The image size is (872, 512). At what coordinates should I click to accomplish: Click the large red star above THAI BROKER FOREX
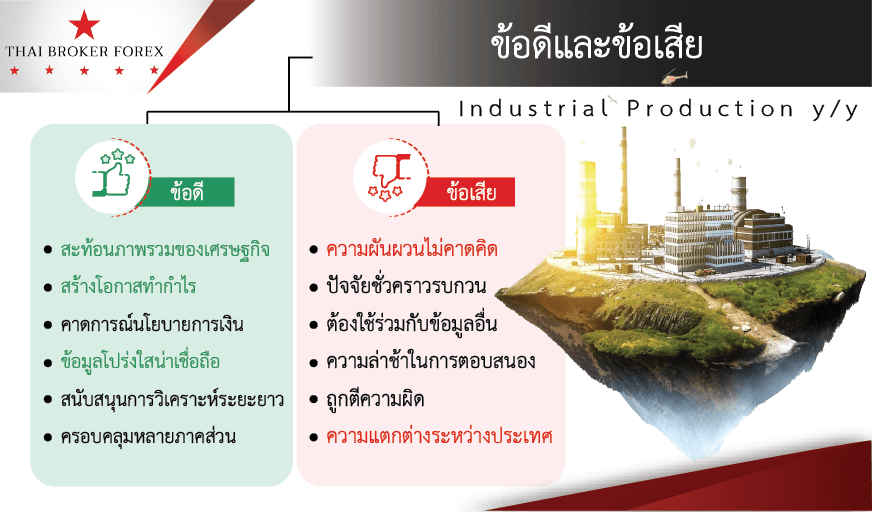coord(84,25)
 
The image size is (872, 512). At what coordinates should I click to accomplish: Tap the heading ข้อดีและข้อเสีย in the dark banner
coord(596,44)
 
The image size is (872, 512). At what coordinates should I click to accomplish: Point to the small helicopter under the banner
coord(675,77)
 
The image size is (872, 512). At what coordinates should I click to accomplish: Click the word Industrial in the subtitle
coord(533,109)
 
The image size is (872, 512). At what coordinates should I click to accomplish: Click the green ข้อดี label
coord(187,192)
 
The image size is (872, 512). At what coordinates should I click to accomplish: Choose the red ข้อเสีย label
coord(471,192)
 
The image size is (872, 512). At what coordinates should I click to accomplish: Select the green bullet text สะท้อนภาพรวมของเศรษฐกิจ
coord(165,249)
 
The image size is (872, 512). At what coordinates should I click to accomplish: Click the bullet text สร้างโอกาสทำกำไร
coord(128,287)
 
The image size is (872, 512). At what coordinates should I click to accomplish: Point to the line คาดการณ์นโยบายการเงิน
coord(152,324)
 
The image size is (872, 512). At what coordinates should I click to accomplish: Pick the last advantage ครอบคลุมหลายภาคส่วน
coord(148,436)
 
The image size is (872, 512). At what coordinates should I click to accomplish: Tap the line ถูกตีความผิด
coord(375,399)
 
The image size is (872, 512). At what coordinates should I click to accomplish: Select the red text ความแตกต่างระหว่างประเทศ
coord(439,436)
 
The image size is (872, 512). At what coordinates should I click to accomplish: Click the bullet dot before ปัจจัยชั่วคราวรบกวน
coord(314,288)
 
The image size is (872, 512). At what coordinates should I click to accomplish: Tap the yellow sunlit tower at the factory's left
coord(587,210)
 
